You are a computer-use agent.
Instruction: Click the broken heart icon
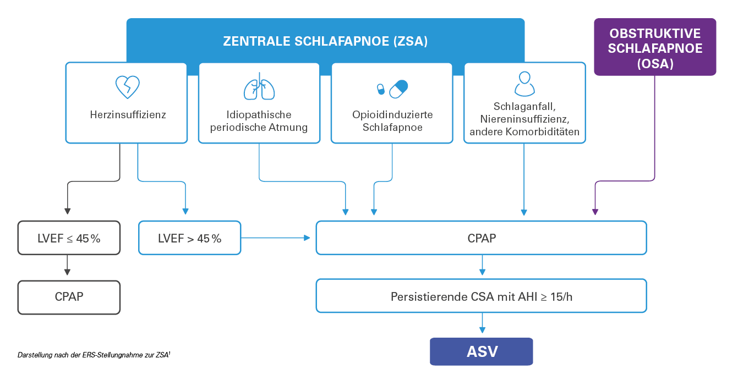point(128,87)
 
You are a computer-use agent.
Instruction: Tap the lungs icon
point(259,86)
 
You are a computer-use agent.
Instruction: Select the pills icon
point(392,89)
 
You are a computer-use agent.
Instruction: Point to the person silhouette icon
point(524,84)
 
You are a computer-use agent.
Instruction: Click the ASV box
point(482,351)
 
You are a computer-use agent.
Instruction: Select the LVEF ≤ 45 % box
point(69,238)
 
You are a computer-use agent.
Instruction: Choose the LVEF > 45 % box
point(189,238)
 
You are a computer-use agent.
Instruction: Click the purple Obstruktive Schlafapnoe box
point(655,47)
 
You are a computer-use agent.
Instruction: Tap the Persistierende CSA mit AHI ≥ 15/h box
point(482,296)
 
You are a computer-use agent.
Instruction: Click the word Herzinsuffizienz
point(128,114)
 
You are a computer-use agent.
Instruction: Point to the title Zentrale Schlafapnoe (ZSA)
point(325,41)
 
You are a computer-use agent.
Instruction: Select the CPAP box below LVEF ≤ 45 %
point(69,298)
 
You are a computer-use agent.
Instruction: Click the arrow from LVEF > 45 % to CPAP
point(275,238)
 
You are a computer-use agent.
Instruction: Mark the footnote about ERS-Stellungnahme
point(94,355)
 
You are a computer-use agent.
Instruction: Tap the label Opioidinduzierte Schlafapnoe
point(392,121)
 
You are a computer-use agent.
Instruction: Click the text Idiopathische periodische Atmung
point(259,121)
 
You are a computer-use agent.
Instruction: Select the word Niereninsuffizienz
point(524,119)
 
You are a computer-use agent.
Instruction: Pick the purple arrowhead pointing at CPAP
point(595,212)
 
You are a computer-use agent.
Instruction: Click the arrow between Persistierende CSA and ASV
point(482,323)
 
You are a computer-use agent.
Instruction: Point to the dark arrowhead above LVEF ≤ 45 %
point(68,211)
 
